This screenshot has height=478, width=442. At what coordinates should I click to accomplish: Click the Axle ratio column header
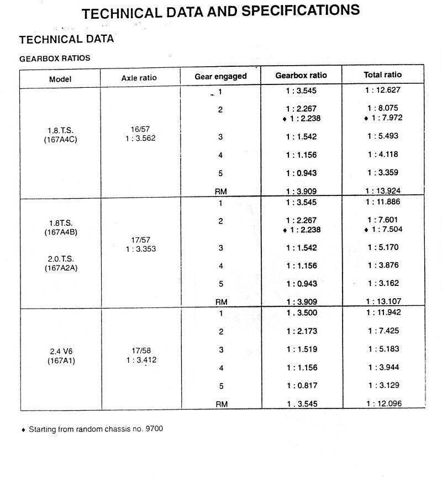coord(139,78)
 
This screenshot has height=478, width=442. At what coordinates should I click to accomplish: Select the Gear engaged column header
coord(220,76)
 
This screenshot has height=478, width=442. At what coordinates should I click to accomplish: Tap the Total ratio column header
coord(383,75)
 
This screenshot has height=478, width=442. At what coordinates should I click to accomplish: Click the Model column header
coord(60,79)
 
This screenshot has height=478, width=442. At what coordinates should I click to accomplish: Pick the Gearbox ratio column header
coord(301,75)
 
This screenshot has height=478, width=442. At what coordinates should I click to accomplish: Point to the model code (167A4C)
coord(61,140)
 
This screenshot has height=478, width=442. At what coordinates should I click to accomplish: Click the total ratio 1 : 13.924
coord(383,191)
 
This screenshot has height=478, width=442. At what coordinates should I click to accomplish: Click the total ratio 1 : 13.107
coord(383,301)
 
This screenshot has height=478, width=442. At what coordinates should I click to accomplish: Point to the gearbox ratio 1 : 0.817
coord(301,386)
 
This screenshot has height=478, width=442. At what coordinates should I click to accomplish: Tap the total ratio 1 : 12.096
coord(383,403)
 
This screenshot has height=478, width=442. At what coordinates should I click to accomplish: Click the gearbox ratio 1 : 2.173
coord(301,331)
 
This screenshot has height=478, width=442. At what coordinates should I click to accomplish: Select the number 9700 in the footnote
coord(154,429)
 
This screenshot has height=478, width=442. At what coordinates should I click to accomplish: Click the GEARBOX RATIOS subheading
coord(55,58)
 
